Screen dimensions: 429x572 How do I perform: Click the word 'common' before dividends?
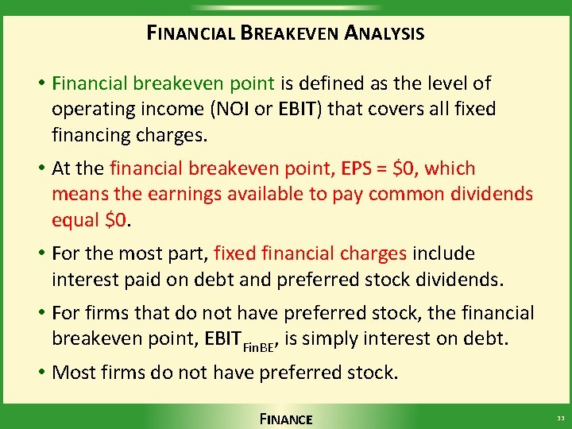pos(405,195)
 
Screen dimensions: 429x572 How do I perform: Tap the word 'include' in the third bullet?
pos(443,254)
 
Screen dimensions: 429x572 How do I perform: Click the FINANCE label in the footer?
pos(286,419)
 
